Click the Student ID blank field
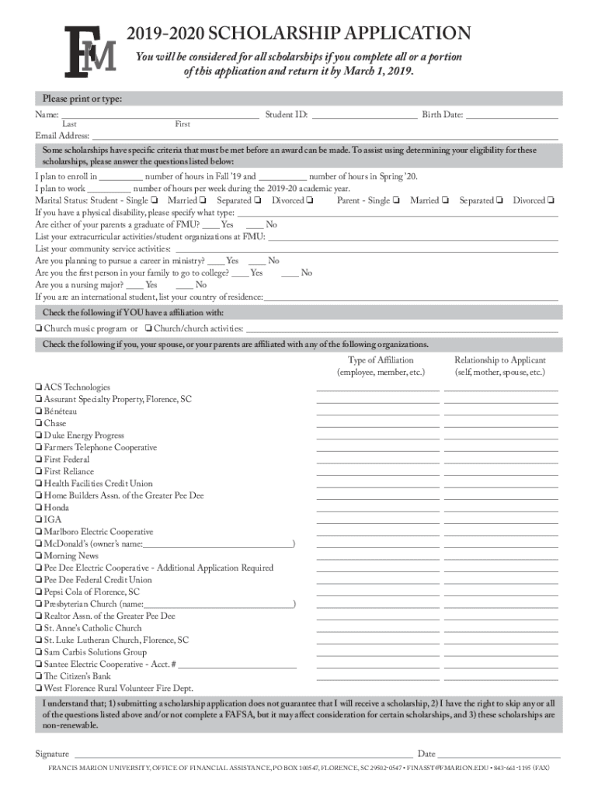point(363,116)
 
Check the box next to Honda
point(38,508)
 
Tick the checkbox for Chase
point(38,424)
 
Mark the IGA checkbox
point(38,520)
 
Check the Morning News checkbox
point(38,556)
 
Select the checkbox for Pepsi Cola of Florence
point(38,592)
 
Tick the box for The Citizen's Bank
point(38,676)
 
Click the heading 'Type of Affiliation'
point(381,360)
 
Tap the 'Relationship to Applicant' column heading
point(500,360)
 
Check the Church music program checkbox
point(38,329)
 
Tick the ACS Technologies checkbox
point(38,387)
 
